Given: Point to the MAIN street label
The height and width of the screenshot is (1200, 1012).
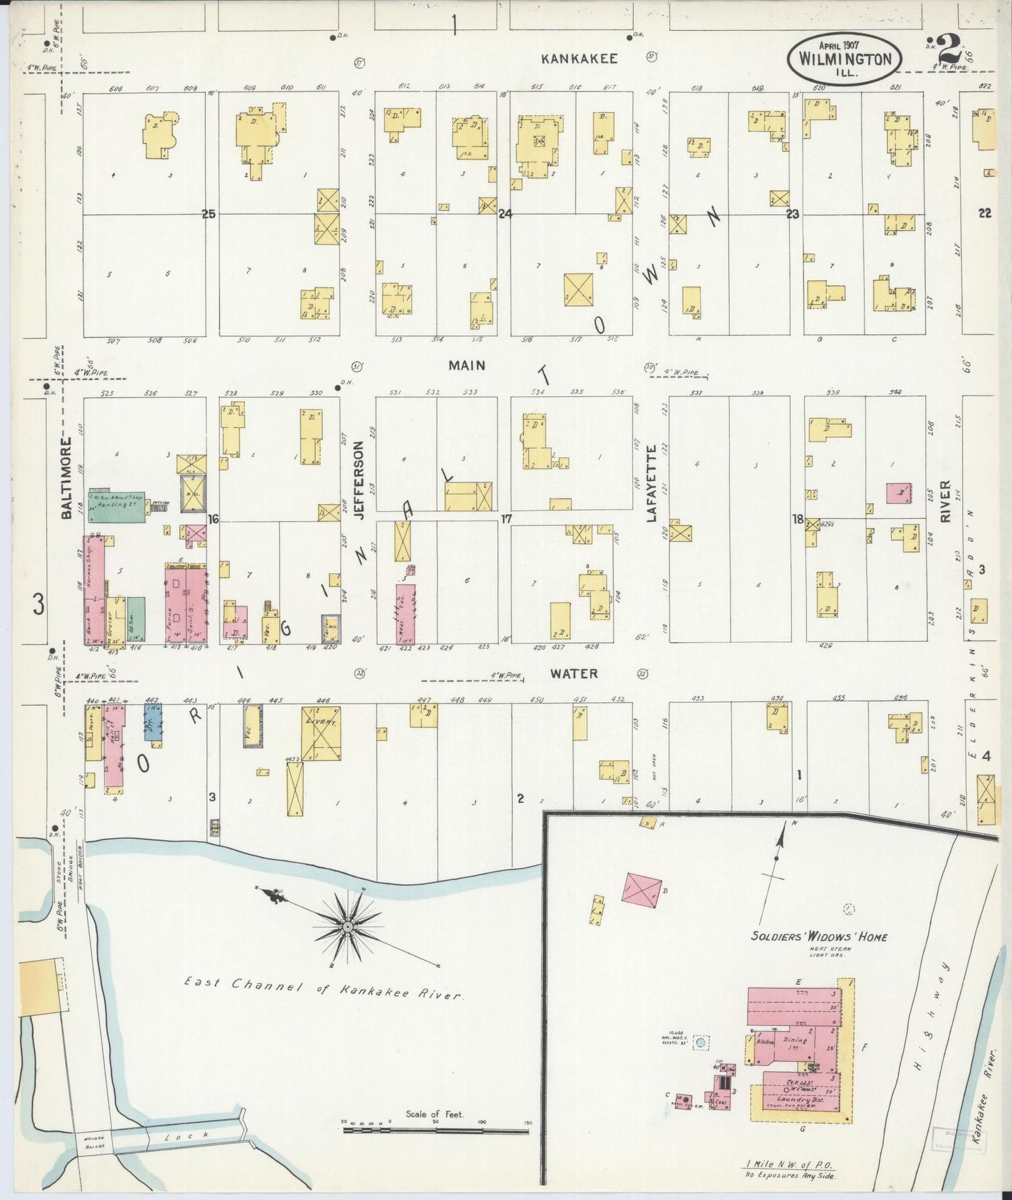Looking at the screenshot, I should [x=467, y=365].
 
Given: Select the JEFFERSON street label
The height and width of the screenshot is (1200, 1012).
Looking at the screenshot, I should [x=359, y=479].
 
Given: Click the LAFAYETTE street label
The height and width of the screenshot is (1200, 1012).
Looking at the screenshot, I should [x=651, y=483].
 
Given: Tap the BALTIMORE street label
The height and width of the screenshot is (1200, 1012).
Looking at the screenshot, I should [x=67, y=478].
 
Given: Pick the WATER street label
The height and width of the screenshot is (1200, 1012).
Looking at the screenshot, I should [x=574, y=673].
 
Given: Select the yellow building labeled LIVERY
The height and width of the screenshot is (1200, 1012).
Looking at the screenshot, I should [x=321, y=732].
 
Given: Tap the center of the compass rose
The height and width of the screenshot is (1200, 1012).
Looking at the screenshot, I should [x=347, y=928].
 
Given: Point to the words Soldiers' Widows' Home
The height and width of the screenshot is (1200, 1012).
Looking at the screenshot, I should [x=819, y=936].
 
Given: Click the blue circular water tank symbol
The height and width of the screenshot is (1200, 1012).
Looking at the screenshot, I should [x=700, y=1043].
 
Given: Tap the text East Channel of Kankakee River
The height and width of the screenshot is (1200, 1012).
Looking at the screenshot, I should [x=322, y=989].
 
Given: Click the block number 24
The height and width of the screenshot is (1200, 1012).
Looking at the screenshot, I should [x=505, y=214].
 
